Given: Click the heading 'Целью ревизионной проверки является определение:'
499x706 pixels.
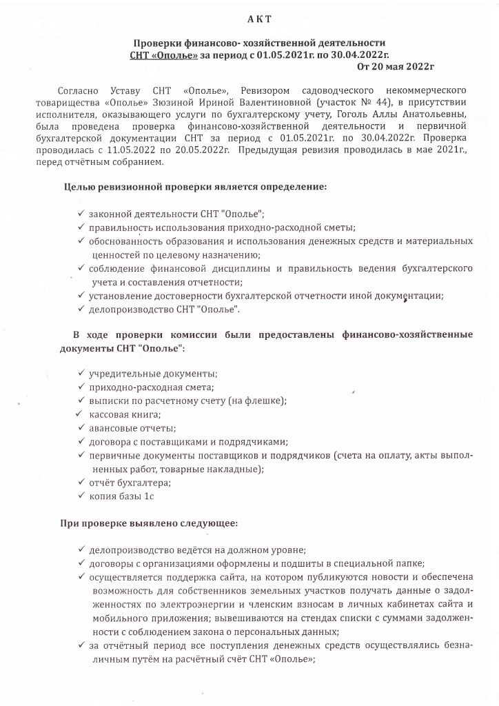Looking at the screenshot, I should coord(195,186).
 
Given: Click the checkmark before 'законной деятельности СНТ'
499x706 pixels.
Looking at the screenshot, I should coord(81,214).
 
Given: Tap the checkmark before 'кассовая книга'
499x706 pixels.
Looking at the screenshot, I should coord(79,414).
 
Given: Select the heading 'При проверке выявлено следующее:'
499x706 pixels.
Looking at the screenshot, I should coord(149,523).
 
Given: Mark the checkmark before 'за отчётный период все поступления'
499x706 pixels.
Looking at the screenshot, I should coord(81,645).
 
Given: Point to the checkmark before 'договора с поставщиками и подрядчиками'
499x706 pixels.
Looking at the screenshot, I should coord(81,441).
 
